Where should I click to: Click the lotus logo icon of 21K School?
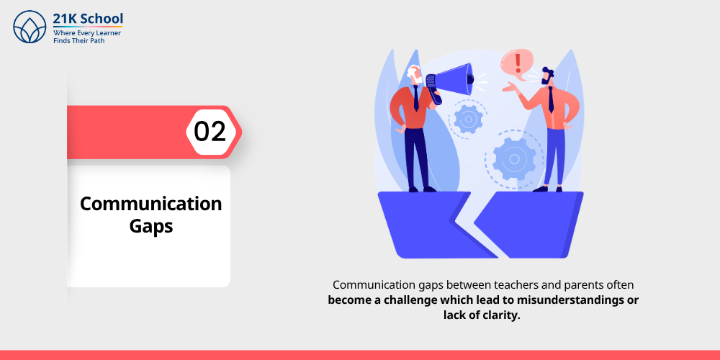[30, 27]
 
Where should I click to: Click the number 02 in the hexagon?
[210, 132]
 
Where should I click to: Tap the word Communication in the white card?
[150, 204]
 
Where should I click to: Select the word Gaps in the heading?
[151, 226]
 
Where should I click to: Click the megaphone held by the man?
[451, 78]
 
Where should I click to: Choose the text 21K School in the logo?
[88, 19]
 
